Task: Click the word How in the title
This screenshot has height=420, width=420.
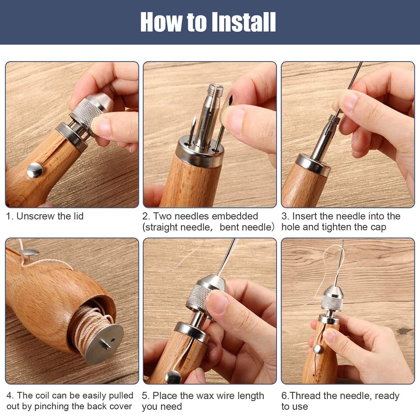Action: (x=161, y=22)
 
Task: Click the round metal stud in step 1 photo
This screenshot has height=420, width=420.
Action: (x=35, y=170)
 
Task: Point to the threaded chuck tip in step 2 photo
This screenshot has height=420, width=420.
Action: (x=215, y=91)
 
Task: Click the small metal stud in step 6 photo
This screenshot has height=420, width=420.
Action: (x=317, y=349)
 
